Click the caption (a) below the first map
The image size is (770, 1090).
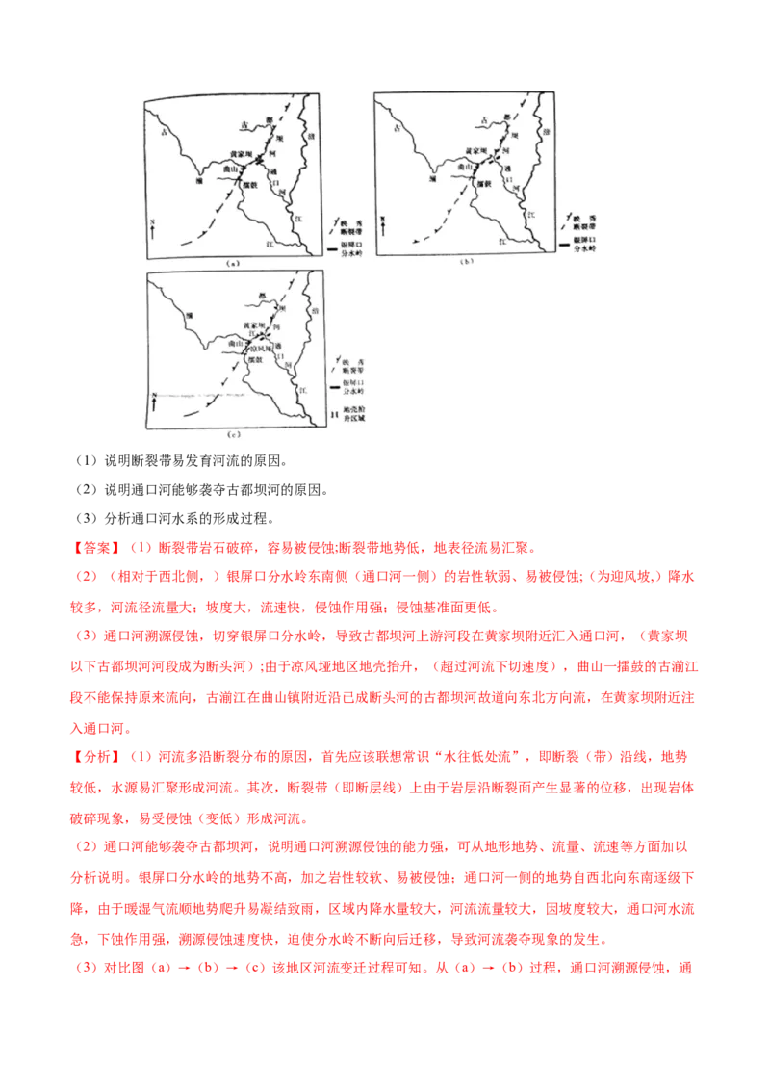coord(231,262)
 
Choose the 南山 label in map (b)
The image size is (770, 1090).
coord(461,168)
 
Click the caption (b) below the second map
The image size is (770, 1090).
coord(467,261)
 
